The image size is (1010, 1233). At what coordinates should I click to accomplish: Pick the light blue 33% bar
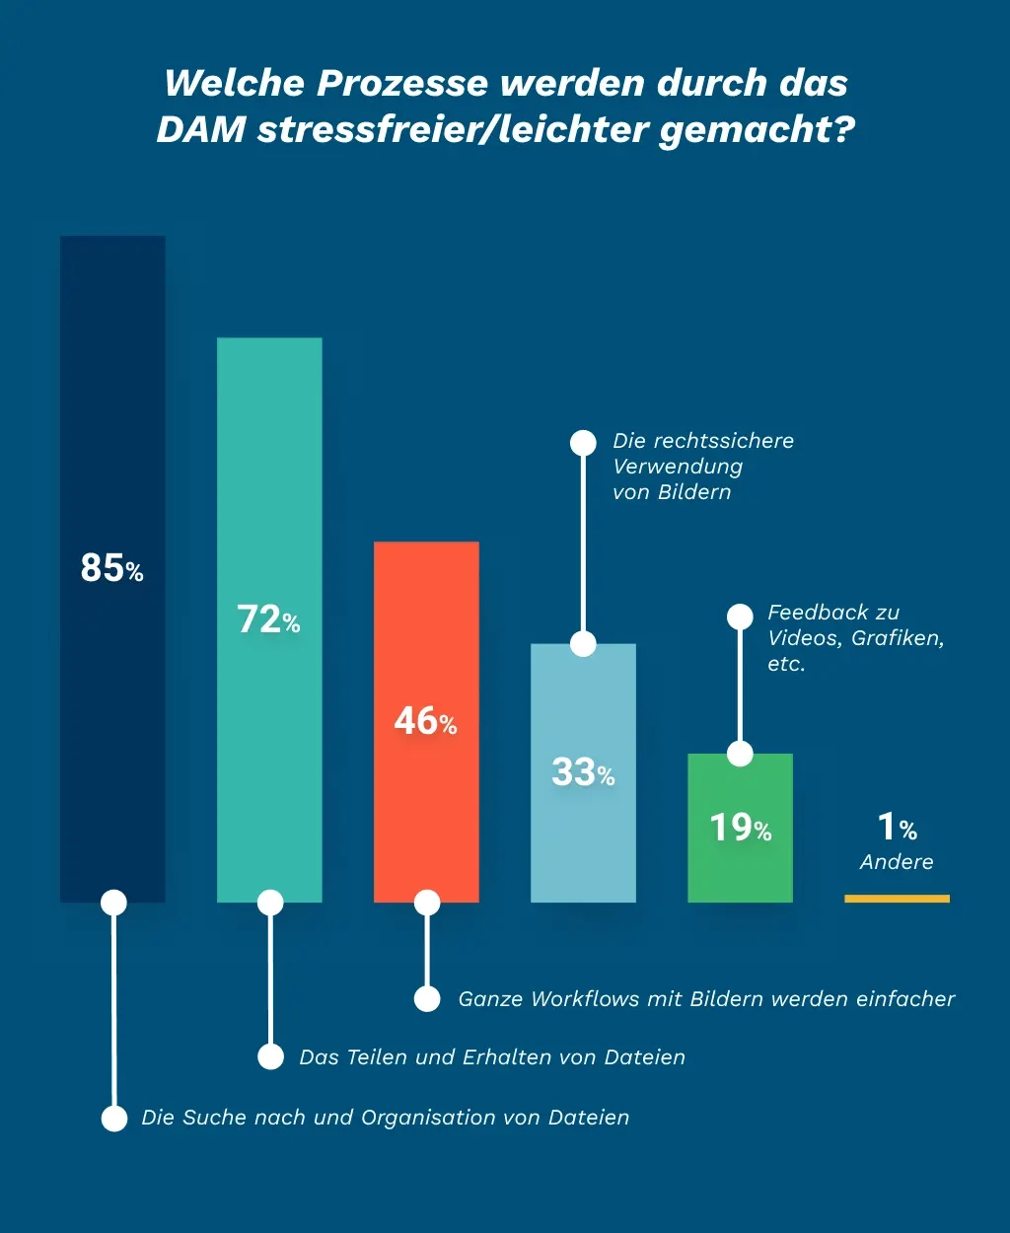tap(583, 829)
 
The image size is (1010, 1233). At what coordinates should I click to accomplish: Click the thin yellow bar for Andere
tap(897, 899)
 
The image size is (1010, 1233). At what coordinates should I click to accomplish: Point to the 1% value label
tap(897, 827)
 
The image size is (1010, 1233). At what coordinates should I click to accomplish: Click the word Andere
tap(897, 862)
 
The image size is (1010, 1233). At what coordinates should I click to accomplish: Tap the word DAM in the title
tap(201, 130)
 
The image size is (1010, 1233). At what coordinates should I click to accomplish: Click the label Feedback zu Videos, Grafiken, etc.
tap(855, 638)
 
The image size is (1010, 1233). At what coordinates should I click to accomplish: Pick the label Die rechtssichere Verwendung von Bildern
tap(702, 467)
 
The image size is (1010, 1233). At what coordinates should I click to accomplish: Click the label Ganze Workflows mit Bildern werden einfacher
tap(706, 999)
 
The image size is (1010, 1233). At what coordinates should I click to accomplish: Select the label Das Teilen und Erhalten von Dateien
tap(491, 1057)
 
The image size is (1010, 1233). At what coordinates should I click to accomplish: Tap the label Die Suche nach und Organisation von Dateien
tap(385, 1118)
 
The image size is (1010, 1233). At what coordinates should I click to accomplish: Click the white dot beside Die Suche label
tap(114, 1118)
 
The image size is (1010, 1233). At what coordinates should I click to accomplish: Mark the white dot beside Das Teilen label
tap(270, 1057)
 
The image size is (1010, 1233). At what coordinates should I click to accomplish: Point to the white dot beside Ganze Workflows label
tap(427, 999)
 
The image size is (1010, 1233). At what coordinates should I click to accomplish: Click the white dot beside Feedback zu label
tap(740, 616)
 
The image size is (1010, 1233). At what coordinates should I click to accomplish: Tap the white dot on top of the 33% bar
tap(583, 644)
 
